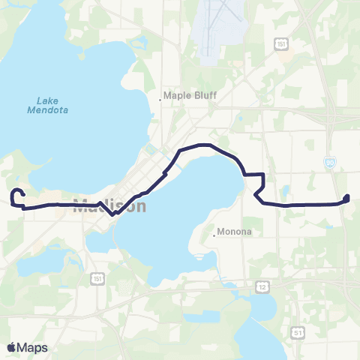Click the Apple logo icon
point(10,347)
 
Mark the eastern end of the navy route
point(347,198)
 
